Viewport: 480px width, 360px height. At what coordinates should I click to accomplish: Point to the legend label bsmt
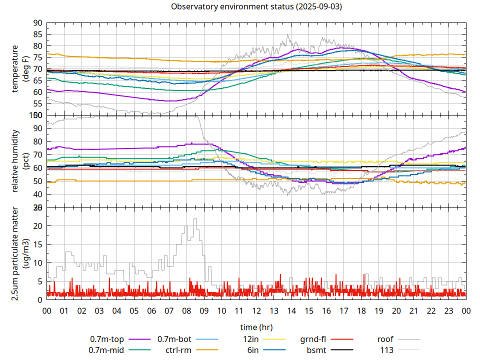[x=316, y=350]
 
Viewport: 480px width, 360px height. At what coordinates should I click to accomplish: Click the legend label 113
[x=387, y=350]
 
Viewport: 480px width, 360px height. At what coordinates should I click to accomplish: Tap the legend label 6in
[x=252, y=350]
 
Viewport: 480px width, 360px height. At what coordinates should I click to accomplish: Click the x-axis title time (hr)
[x=256, y=327]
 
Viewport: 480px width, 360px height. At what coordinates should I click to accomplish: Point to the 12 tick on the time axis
[x=256, y=310]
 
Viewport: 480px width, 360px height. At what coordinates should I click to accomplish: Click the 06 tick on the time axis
[x=151, y=310]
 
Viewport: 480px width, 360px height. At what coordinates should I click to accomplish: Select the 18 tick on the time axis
[x=361, y=310]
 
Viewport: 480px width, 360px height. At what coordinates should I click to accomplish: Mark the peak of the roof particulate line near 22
[x=195, y=218]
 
